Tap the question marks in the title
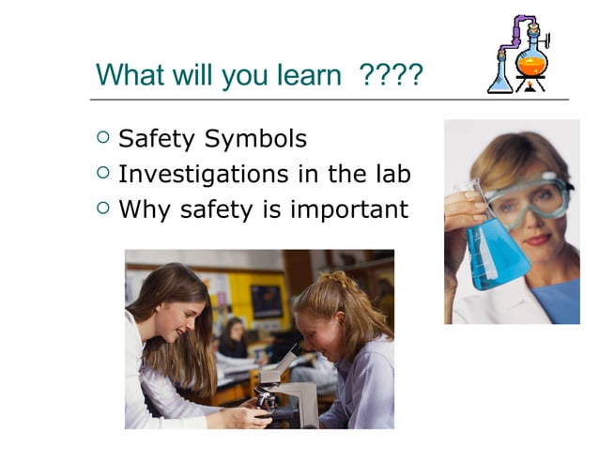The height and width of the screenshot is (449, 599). tap(392, 74)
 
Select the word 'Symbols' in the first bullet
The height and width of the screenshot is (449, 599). tap(256, 140)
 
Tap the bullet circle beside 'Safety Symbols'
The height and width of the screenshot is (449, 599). tap(103, 139)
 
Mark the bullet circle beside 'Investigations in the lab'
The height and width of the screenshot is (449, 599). tap(103, 174)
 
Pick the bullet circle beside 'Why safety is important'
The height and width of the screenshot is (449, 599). tap(103, 208)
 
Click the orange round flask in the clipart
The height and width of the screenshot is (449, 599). tap(531, 62)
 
